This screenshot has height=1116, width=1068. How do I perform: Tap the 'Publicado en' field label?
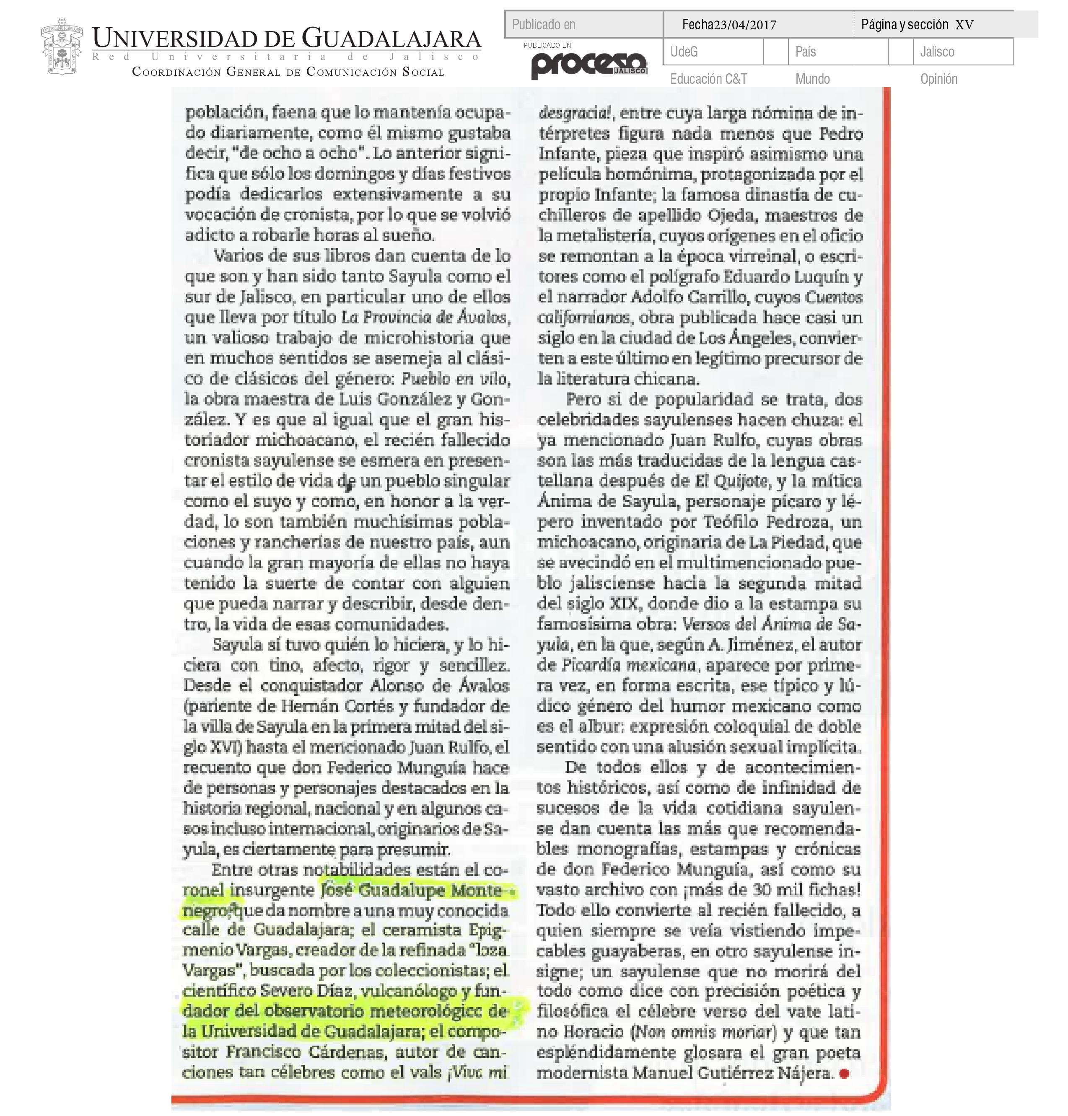[544, 24]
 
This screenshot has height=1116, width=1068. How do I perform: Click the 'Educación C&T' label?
[708, 79]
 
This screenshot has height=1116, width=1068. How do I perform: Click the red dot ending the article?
[844, 1073]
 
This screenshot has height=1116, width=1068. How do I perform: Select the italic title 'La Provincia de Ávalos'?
[424, 317]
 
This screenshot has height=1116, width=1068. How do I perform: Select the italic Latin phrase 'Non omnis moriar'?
[705, 1032]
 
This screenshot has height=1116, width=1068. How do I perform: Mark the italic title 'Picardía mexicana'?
[628, 665]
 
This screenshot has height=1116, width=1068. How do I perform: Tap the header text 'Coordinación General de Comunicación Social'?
[288, 72]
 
